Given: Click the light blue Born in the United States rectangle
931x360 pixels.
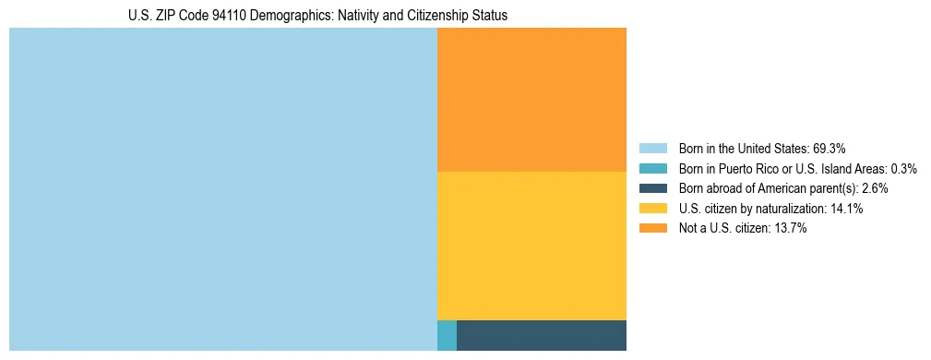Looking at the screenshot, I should click(222, 189).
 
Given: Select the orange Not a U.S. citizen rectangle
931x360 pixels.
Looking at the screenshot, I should click(531, 100).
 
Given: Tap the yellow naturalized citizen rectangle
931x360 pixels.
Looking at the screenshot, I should click(531, 246).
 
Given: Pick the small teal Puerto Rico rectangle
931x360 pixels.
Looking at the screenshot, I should click(447, 335).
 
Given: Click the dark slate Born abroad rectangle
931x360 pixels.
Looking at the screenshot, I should click(542, 335).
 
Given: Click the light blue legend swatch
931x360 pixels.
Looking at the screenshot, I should click(652, 149).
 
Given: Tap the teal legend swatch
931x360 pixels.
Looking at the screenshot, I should click(652, 169).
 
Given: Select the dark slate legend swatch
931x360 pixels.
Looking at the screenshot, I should click(652, 188).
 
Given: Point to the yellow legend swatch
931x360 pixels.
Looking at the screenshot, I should click(652, 209).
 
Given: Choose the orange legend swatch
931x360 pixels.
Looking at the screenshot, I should click(652, 228).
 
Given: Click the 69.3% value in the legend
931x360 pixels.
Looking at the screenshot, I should click(830, 149).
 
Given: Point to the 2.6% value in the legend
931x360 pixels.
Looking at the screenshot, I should click(876, 188).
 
